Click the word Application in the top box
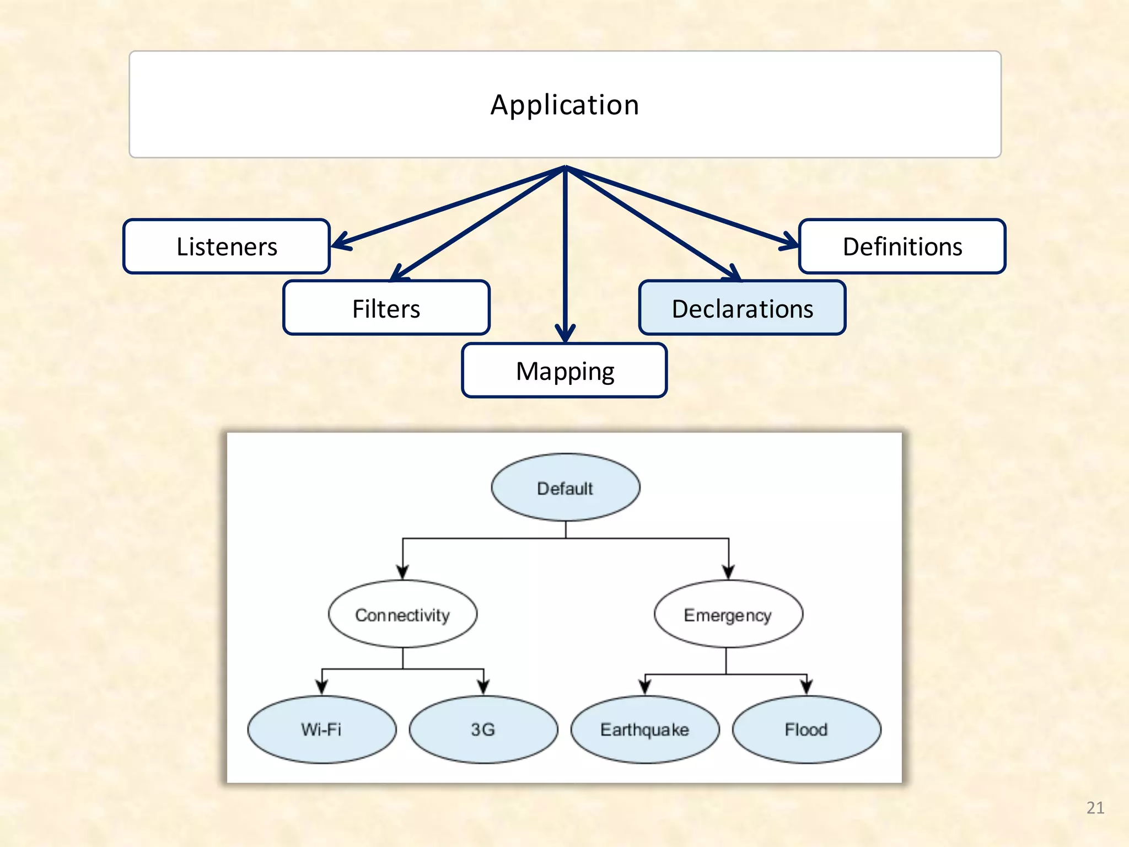(x=564, y=105)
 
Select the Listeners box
(x=227, y=246)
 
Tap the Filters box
(x=386, y=308)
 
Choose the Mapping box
(x=564, y=371)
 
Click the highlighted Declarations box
(x=742, y=308)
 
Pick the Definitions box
(x=902, y=246)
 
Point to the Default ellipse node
(x=565, y=487)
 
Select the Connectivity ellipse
(x=402, y=614)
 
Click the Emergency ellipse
(x=728, y=614)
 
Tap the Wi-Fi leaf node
(x=321, y=729)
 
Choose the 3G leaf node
(x=483, y=729)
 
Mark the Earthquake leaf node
(x=644, y=729)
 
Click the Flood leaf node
(x=806, y=729)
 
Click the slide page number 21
(x=1095, y=807)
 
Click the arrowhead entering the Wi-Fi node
(x=322, y=687)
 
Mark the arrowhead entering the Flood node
(x=807, y=687)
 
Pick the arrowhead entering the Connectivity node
(x=403, y=572)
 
